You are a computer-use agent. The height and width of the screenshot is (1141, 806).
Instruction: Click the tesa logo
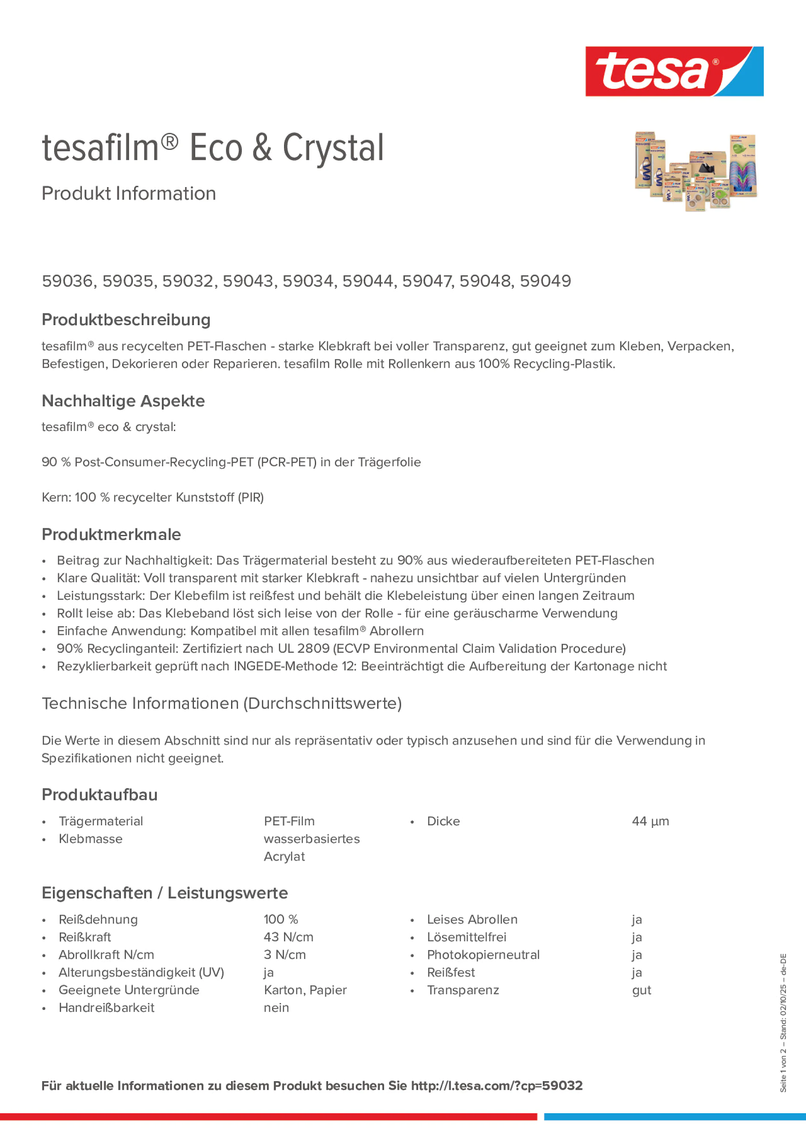click(x=674, y=71)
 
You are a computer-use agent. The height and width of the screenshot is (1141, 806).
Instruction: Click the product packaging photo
click(x=695, y=171)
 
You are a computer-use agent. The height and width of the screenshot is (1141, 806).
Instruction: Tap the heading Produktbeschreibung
click(x=126, y=320)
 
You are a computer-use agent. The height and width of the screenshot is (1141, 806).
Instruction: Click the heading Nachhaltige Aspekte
click(x=123, y=401)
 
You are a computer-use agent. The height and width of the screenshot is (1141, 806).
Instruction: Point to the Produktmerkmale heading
click(x=111, y=534)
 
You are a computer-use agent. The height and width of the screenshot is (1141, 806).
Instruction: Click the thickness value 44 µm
click(x=650, y=821)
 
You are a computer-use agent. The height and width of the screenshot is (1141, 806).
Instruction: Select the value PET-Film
click(x=289, y=821)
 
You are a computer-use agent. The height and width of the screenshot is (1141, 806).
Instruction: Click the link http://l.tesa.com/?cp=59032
click(x=496, y=1085)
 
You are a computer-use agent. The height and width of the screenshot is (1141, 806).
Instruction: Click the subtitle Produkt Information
click(x=129, y=194)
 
